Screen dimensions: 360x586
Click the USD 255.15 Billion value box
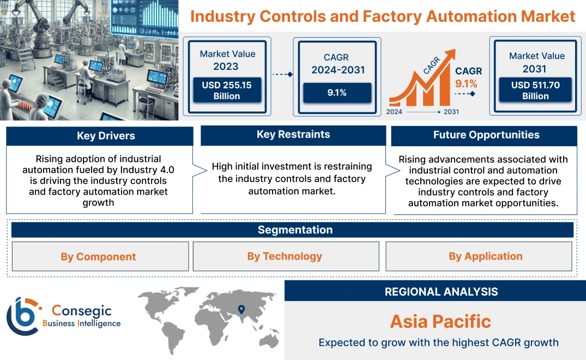[226, 91]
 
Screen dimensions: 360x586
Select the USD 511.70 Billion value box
[535, 91]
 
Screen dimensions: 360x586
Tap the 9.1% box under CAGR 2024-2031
[337, 93]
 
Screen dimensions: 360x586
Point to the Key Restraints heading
[293, 135]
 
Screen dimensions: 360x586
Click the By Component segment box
[99, 256]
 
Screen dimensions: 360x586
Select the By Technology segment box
[285, 256]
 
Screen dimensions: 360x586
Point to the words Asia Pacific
[440, 321]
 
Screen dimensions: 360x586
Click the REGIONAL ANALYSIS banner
[441, 292]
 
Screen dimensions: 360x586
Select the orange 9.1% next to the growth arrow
[466, 83]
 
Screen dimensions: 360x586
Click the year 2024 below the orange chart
[395, 112]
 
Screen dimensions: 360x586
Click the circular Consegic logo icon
[22, 316]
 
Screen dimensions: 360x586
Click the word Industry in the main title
[222, 16]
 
